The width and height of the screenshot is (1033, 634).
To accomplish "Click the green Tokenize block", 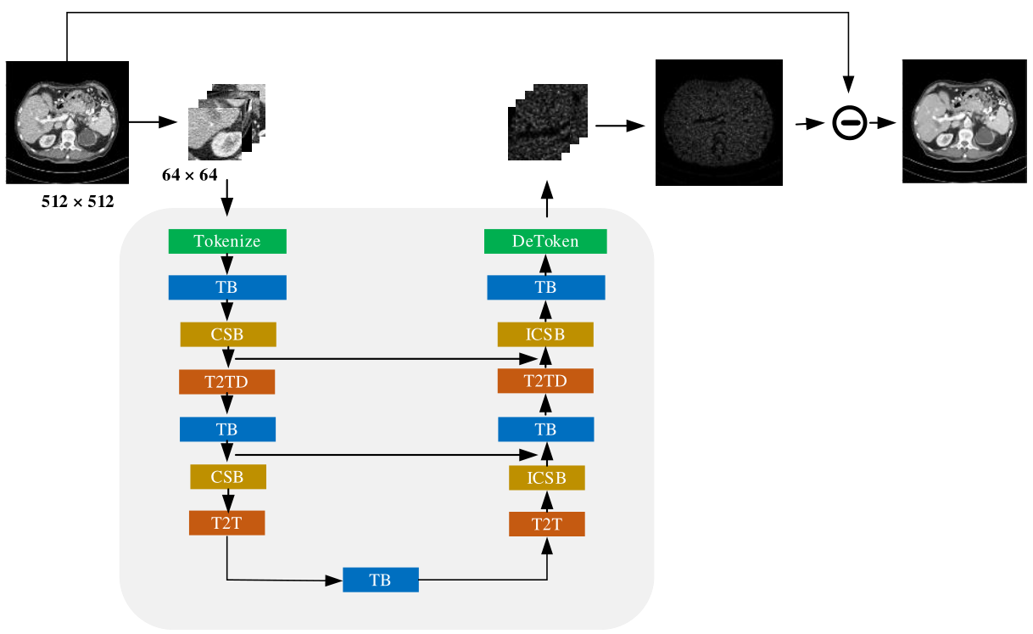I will pyautogui.click(x=227, y=241).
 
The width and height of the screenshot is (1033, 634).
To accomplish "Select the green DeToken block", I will pyautogui.click(x=545, y=241).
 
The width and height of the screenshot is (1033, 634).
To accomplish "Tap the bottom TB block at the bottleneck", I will pyautogui.click(x=380, y=580).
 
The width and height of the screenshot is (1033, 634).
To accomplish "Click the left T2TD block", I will pyautogui.click(x=226, y=382).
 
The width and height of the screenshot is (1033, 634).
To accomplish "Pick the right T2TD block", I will pyautogui.click(x=545, y=381).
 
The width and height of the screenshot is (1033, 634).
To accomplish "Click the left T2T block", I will pyautogui.click(x=226, y=523).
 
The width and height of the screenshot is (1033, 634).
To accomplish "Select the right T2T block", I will pyautogui.click(x=546, y=524).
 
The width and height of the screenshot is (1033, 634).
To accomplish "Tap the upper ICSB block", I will pyautogui.click(x=545, y=334).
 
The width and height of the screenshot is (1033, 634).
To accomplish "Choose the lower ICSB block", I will pyautogui.click(x=546, y=478).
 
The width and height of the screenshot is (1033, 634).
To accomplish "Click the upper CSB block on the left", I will pyautogui.click(x=228, y=334).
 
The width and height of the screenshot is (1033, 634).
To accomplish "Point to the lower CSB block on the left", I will pyautogui.click(x=227, y=477).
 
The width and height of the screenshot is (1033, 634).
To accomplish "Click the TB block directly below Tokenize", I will pyautogui.click(x=227, y=288).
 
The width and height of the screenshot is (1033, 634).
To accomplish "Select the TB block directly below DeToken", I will pyautogui.click(x=545, y=288).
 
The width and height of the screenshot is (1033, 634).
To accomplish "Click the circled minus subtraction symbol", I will pyautogui.click(x=848, y=124).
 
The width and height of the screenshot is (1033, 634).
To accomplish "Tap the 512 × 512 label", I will pyautogui.click(x=77, y=203).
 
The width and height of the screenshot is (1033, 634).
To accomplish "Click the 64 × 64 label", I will pyautogui.click(x=190, y=176).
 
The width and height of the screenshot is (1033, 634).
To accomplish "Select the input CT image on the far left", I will pyautogui.click(x=67, y=122).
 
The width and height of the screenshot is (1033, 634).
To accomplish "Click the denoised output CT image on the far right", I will pyautogui.click(x=964, y=121).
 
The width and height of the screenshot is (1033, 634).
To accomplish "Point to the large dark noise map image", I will pyautogui.click(x=719, y=122).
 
